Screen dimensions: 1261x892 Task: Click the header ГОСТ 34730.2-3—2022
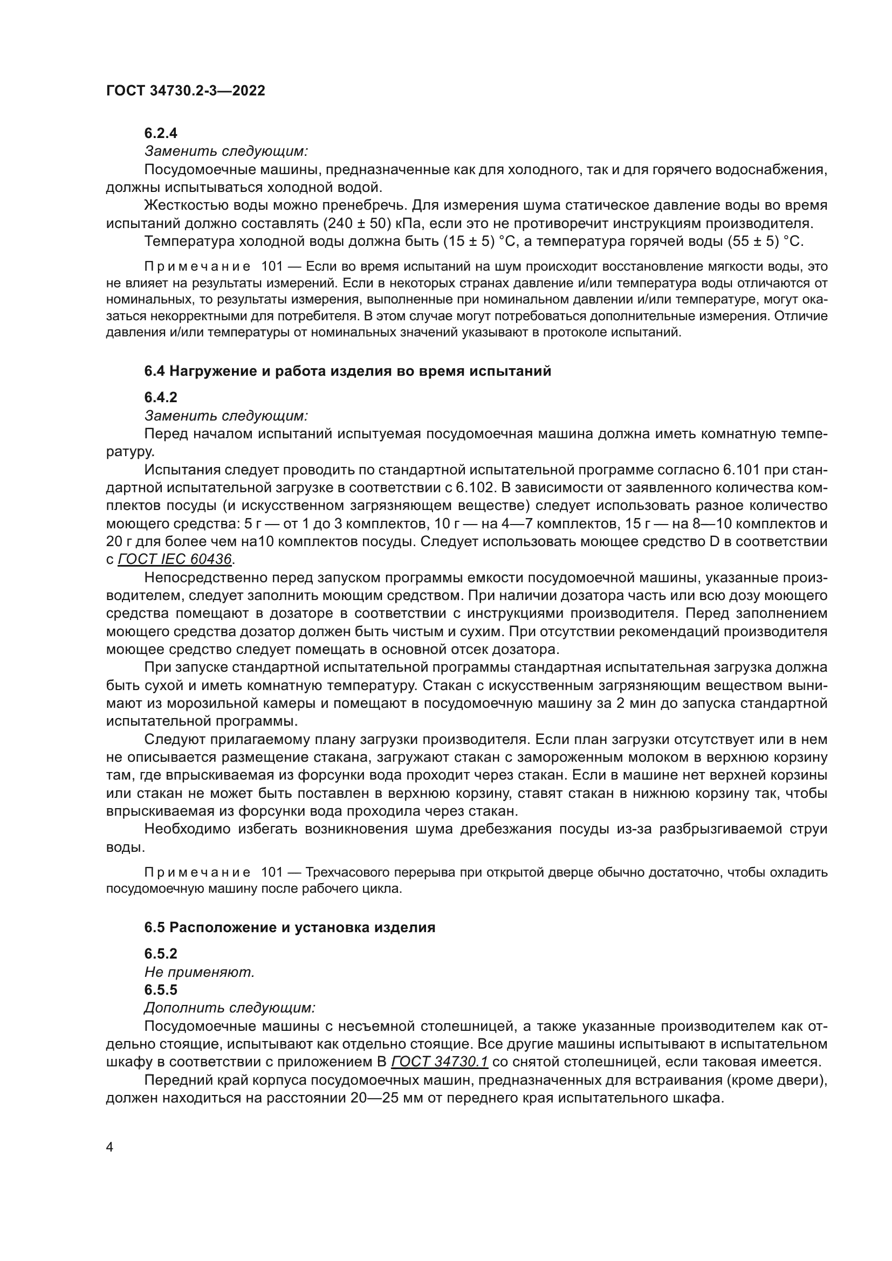(x=185, y=91)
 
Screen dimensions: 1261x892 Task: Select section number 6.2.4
(x=160, y=133)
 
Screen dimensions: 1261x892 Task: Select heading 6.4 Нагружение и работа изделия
(x=347, y=371)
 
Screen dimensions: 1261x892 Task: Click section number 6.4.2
(x=160, y=397)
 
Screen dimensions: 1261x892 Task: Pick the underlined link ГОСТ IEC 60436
(x=175, y=560)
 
